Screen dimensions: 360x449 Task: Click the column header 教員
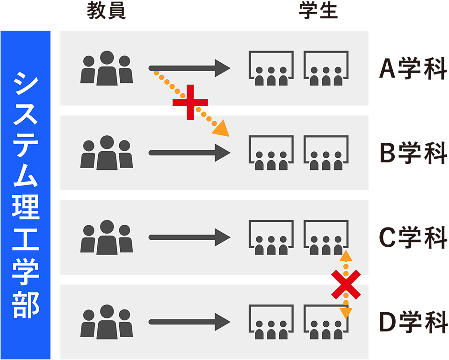pos(106,12)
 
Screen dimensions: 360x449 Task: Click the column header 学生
pos(319,12)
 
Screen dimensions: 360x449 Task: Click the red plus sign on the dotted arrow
pos(190,103)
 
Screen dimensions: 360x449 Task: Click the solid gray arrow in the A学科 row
pos(189,68)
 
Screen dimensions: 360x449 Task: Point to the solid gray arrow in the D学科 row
pos(189,322)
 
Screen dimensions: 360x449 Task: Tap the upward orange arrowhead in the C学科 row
pos(346,256)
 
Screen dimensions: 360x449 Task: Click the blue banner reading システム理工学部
pos(25,194)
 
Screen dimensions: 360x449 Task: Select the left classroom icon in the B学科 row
pos(271,153)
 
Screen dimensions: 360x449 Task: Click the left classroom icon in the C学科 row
pos(271,237)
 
